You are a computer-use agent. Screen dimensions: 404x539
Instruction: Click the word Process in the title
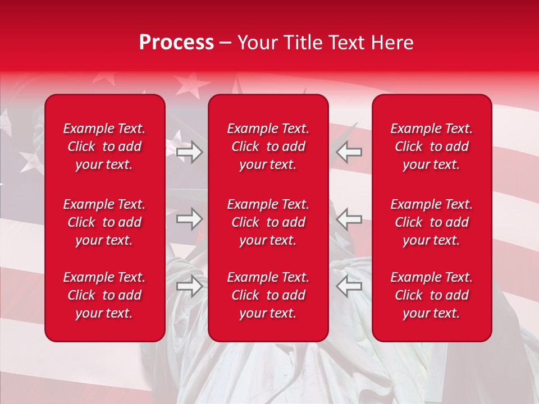[x=176, y=43]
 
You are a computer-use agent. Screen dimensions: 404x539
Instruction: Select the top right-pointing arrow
[x=189, y=152]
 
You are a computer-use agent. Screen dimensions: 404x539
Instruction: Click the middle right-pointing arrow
[x=189, y=219]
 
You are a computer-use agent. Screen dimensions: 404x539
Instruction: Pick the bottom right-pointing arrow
[x=189, y=286]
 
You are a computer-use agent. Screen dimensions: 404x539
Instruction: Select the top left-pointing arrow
[x=349, y=152]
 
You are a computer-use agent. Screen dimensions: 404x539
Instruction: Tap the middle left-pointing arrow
[x=349, y=219]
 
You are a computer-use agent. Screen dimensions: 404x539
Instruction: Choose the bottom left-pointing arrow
[x=349, y=286]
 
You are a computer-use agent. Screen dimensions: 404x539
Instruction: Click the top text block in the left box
[x=104, y=146]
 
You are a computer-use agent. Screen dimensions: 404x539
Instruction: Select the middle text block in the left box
[x=104, y=222]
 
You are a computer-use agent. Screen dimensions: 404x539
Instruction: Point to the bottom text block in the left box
[x=104, y=295]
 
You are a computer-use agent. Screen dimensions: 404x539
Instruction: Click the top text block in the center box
[x=268, y=146]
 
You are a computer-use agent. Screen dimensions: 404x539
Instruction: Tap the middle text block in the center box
[x=268, y=222]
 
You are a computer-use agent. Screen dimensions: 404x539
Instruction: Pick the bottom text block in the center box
[x=268, y=295]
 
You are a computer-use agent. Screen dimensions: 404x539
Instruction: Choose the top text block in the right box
[x=432, y=146]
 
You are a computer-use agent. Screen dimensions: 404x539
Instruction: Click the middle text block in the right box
[x=432, y=222]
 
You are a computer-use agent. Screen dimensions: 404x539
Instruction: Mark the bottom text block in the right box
[x=432, y=295]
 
